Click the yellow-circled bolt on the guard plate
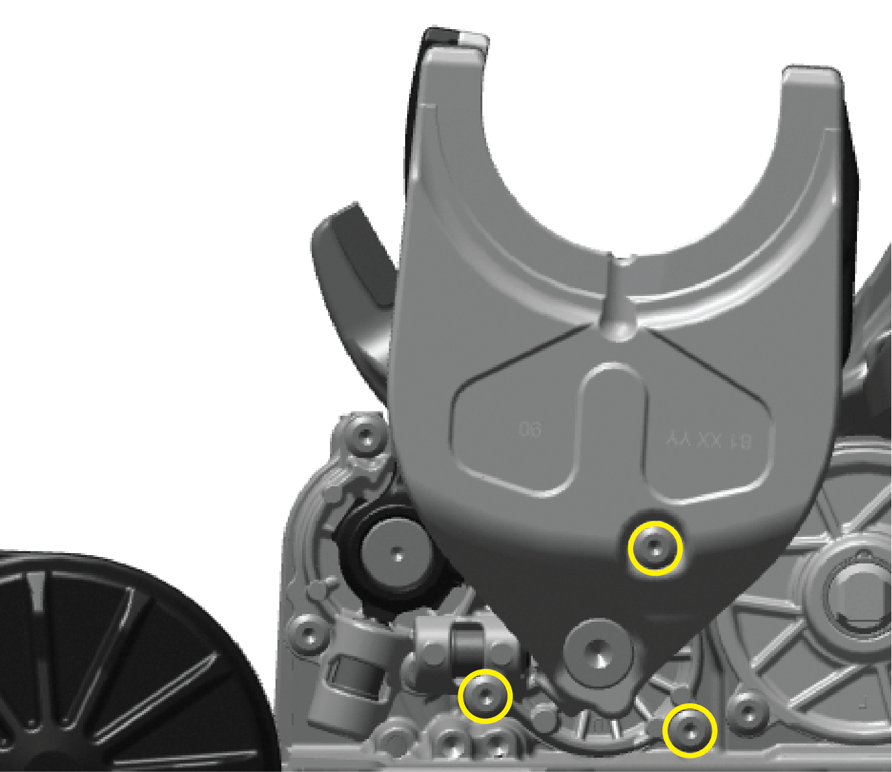tap(655, 548)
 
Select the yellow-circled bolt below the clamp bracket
tap(485, 696)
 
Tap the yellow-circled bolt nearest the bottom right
tap(690, 731)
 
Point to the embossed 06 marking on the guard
tap(530, 429)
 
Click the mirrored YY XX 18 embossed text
tap(709, 440)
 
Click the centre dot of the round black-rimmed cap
tap(399, 556)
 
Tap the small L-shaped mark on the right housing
tap(862, 701)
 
